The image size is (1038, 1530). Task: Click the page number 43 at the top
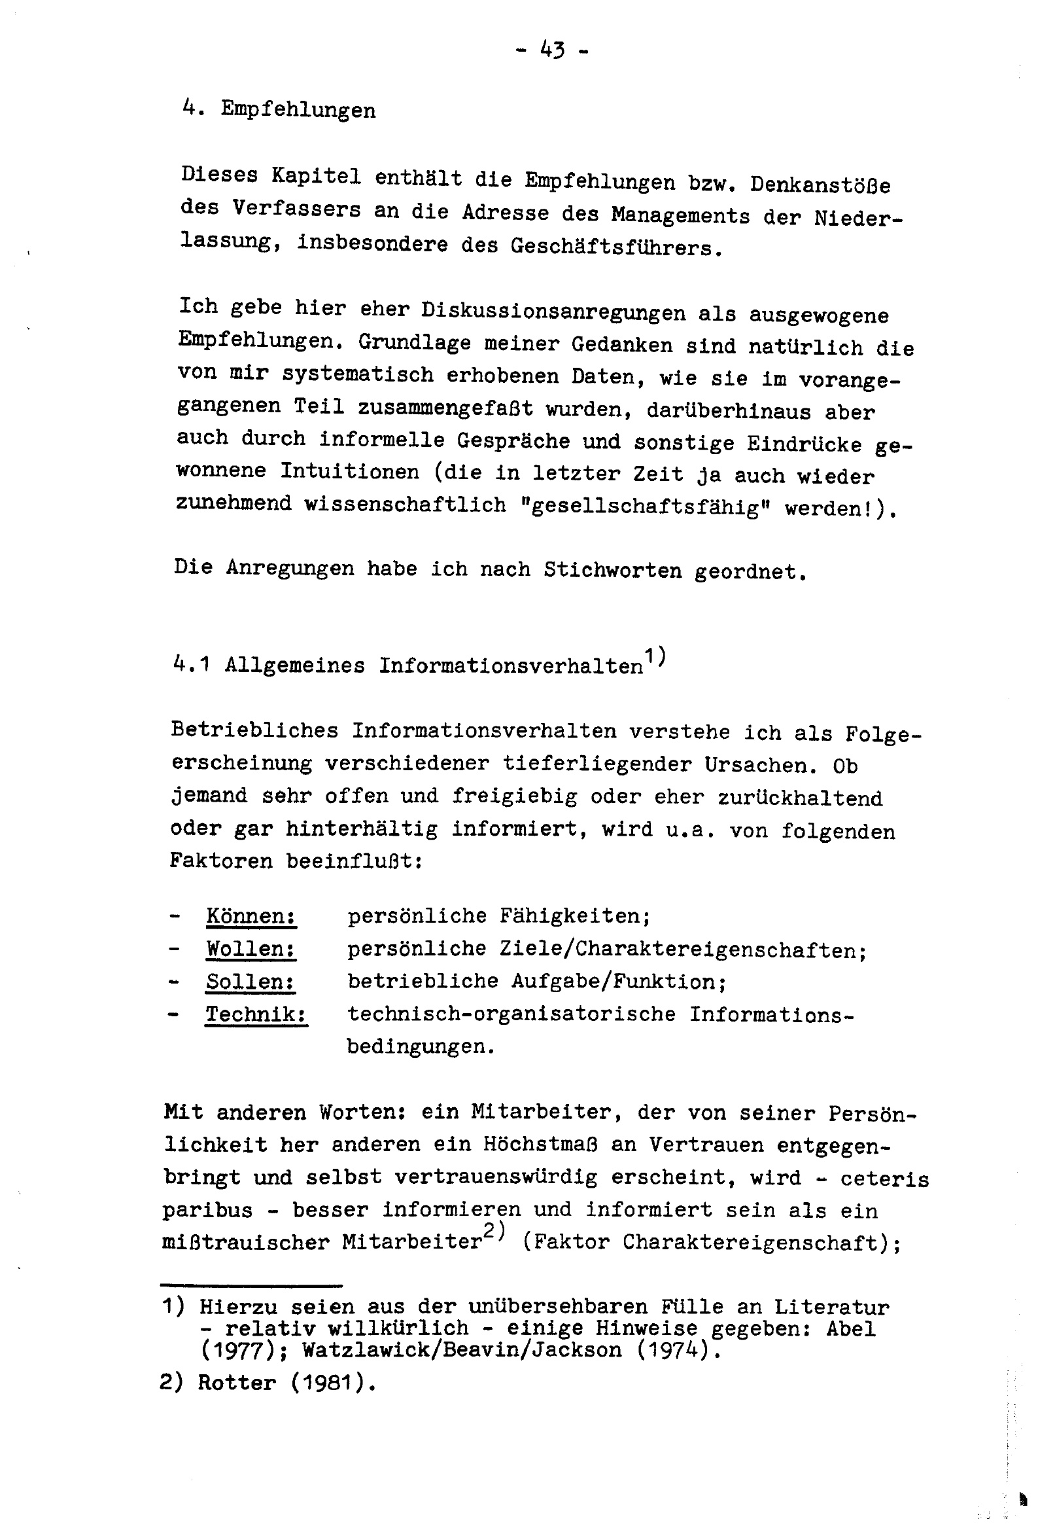pos(551,48)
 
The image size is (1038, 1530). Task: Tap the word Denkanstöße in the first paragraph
pos(820,185)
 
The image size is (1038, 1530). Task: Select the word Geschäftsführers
pos(612,247)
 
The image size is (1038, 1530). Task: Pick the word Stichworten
pos(612,569)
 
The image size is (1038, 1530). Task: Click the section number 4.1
pos(192,665)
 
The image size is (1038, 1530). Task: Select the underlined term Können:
pos(251,916)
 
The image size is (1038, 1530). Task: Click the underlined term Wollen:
pos(251,949)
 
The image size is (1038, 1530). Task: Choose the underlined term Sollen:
pos(250,982)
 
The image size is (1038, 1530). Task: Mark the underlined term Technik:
pos(256,1014)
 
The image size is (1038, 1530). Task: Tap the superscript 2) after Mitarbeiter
pos(493,1233)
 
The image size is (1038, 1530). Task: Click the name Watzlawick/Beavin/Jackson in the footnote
pos(461,1350)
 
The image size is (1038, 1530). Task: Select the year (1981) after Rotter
pos(332,1383)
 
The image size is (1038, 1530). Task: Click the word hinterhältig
pos(361,829)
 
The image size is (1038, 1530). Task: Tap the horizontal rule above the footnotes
pos(251,1285)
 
